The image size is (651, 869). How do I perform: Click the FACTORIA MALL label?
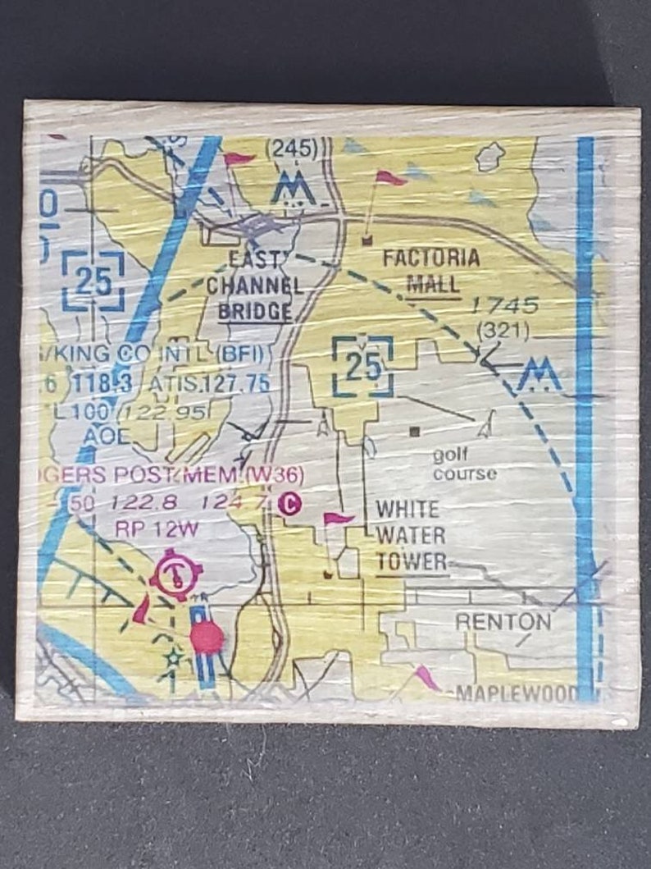(x=431, y=271)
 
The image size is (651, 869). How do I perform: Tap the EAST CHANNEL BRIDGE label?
(x=254, y=286)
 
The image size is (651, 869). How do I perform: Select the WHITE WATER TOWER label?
(x=411, y=535)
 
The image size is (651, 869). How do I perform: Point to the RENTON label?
(x=503, y=621)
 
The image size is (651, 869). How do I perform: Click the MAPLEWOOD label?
(x=517, y=693)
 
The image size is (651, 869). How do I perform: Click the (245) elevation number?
(x=292, y=149)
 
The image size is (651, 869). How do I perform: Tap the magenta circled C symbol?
(x=288, y=503)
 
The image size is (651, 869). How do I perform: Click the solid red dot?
(x=207, y=637)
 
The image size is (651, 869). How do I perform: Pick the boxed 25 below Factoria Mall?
(x=362, y=366)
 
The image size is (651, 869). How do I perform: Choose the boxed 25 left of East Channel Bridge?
(x=93, y=281)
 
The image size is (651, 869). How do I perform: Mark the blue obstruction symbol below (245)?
(x=294, y=189)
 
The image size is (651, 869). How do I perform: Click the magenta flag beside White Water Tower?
(x=337, y=519)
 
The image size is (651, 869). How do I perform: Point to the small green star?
(x=173, y=656)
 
